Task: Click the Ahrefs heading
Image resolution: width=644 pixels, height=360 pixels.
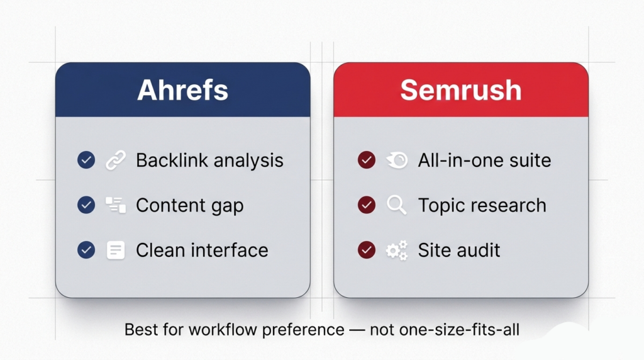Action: click(x=182, y=90)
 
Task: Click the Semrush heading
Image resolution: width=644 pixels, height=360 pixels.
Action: click(x=461, y=90)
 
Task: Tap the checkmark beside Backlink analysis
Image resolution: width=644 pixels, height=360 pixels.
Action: click(x=86, y=160)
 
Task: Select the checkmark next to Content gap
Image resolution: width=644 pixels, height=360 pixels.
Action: click(x=86, y=205)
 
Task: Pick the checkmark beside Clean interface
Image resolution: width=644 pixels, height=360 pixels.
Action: click(x=86, y=250)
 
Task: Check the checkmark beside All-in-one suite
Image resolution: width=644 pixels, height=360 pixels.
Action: click(x=366, y=160)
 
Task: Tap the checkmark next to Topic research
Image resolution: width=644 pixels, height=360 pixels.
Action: click(x=366, y=205)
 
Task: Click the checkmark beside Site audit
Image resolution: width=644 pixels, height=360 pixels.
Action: click(x=366, y=250)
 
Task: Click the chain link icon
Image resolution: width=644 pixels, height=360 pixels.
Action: click(x=115, y=160)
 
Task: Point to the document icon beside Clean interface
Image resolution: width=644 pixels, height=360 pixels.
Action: click(x=115, y=250)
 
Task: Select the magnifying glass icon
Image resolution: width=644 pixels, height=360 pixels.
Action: click(x=396, y=205)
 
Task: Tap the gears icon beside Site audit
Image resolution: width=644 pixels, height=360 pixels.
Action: click(x=396, y=250)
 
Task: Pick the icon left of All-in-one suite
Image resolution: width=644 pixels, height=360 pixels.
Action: click(x=396, y=160)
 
